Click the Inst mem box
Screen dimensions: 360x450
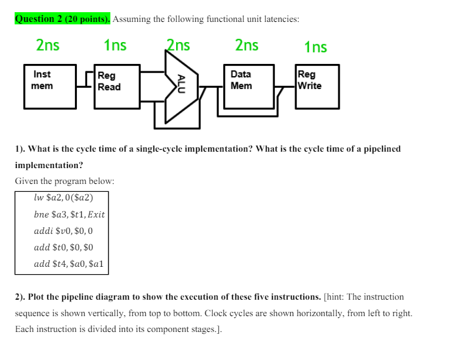point(49,85)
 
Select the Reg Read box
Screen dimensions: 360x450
point(118,86)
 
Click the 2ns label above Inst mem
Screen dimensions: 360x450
point(48,46)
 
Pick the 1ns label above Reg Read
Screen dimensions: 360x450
point(115,46)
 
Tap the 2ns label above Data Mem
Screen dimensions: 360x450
point(246,46)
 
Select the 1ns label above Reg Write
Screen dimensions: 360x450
point(315,47)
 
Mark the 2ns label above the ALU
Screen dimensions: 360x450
point(178,46)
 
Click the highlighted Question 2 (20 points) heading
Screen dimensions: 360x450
point(62,19)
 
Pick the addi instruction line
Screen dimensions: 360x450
point(63,231)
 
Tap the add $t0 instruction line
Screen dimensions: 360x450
point(63,247)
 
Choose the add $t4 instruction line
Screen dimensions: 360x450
point(69,264)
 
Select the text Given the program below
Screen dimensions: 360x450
point(64,181)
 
